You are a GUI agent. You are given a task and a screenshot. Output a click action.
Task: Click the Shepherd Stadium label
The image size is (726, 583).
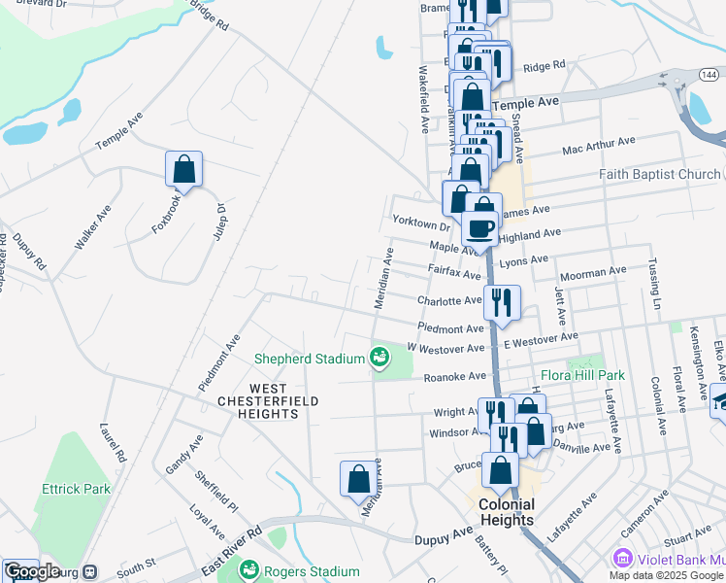(309, 359)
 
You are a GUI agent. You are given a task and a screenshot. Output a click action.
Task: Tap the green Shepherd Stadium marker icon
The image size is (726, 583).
(379, 359)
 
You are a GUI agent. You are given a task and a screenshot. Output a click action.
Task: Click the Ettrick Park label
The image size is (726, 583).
(75, 489)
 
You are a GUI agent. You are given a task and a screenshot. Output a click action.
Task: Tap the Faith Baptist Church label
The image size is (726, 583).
(660, 175)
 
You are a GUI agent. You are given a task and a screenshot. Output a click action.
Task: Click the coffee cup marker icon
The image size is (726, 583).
(479, 229)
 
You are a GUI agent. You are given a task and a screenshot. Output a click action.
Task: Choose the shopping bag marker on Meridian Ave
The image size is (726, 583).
(358, 478)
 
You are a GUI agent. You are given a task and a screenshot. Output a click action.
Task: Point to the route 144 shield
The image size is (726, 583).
(710, 74)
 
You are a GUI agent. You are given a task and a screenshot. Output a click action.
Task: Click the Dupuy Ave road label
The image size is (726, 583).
(442, 535)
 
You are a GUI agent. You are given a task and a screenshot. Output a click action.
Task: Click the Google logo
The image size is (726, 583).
(32, 571)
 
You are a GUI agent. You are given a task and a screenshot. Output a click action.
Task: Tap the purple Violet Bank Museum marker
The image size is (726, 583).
(621, 559)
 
